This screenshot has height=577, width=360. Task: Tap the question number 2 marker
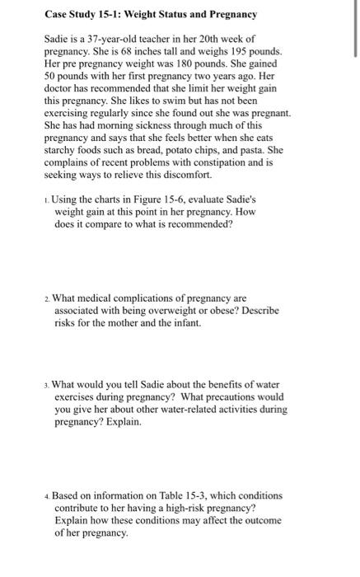coord(47,298)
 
